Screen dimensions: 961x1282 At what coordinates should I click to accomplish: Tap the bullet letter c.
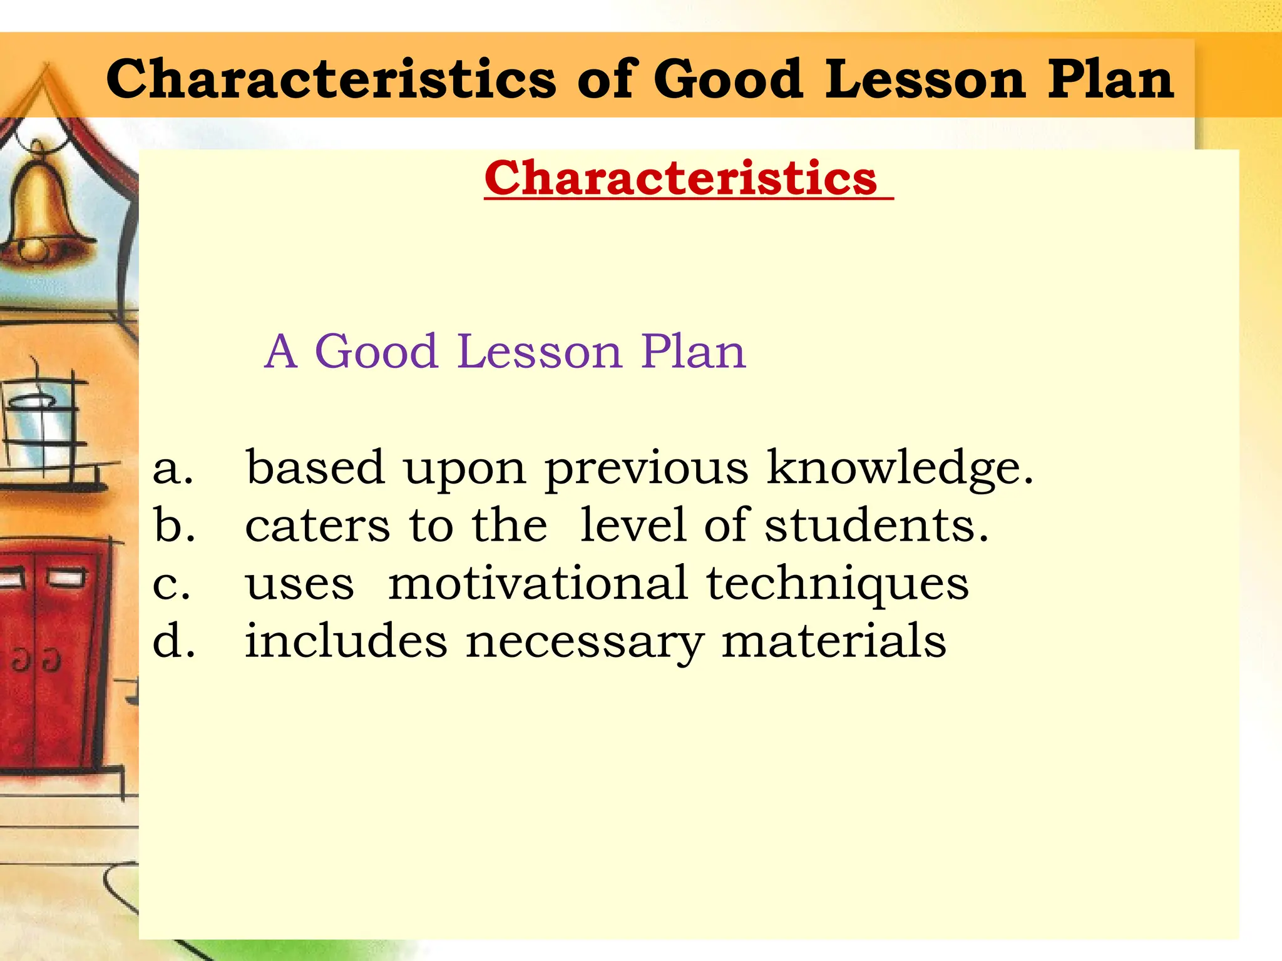171,584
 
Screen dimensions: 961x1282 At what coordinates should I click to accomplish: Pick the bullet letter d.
173,641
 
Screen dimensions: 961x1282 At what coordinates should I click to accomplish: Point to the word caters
317,526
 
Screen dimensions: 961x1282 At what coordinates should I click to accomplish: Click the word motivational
538,583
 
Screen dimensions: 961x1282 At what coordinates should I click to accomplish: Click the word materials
833,641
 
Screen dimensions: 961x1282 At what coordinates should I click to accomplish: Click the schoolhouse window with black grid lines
41,425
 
